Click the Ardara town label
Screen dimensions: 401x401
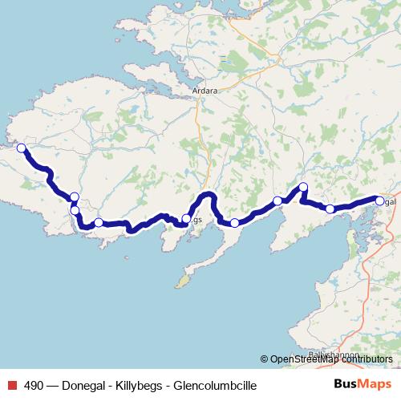205,91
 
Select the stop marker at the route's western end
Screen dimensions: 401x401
22,148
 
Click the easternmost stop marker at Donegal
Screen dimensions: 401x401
379,201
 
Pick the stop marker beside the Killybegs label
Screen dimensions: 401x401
186,218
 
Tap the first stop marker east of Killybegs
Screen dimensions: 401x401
234,223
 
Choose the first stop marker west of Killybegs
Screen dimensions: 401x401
99,223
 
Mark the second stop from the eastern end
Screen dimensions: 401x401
330,209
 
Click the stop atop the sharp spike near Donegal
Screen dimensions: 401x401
303,188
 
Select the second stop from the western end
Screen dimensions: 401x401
75,197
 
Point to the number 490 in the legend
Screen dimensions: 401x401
36,386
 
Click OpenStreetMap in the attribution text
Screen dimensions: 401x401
301,359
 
